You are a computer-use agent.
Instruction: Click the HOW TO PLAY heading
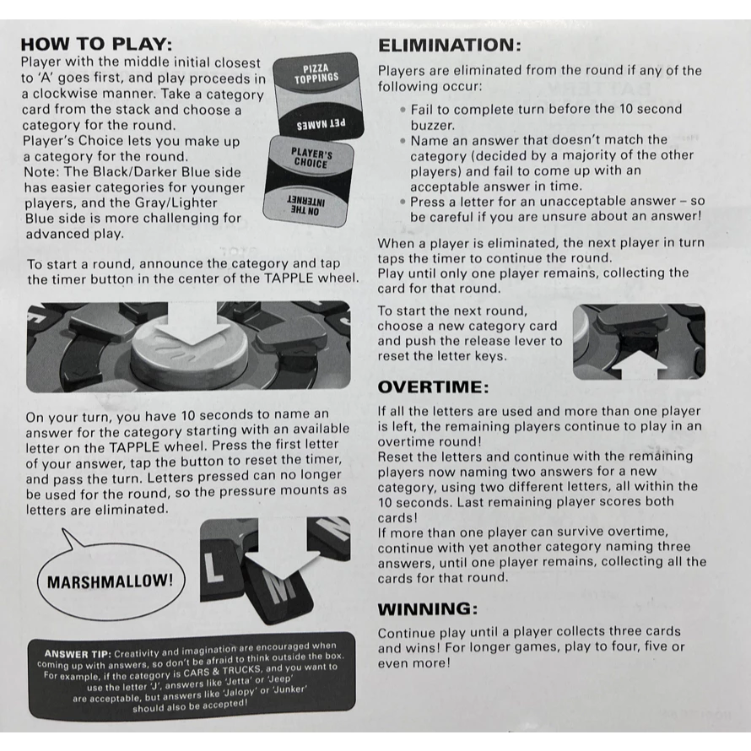(x=96, y=45)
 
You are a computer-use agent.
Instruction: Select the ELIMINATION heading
(x=449, y=46)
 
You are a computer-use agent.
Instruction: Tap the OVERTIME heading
(x=434, y=387)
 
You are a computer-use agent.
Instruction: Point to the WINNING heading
(x=428, y=609)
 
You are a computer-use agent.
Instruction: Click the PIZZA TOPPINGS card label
(x=316, y=73)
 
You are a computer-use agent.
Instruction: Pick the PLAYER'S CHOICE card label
(x=311, y=158)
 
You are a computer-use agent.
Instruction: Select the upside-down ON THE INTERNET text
(x=305, y=206)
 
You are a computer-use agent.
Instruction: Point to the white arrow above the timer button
(x=192, y=323)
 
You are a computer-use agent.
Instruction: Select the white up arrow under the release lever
(x=640, y=365)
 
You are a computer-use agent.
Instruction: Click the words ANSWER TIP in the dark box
(x=78, y=654)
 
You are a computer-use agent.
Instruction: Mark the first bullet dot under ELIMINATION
(x=403, y=110)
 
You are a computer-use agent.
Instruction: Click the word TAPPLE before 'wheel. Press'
(x=134, y=447)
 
